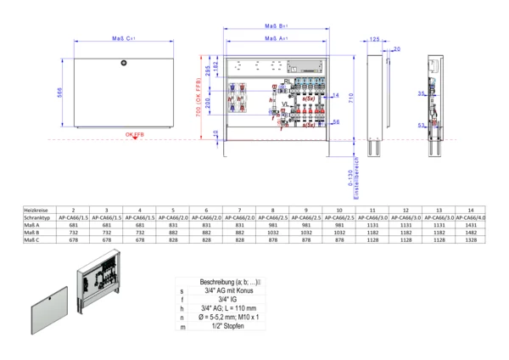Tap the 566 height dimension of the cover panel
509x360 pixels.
pyautogui.click(x=60, y=94)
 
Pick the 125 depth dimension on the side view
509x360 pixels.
pyautogui.click(x=374, y=39)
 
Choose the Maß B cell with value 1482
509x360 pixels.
pyautogui.click(x=474, y=230)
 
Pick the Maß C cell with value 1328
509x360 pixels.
pyautogui.click(x=474, y=240)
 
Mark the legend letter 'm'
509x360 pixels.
pyautogui.click(x=182, y=327)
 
